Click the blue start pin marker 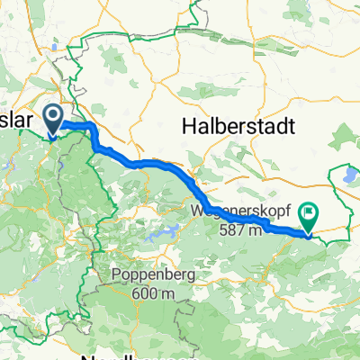click(x=52, y=118)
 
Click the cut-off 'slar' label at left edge click(x=20, y=118)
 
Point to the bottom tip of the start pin click(x=52, y=137)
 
